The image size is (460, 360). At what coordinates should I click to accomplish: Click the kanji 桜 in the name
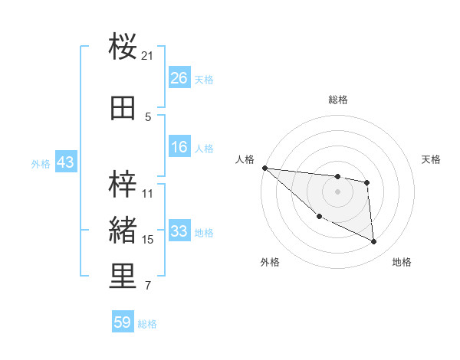[x=123, y=47]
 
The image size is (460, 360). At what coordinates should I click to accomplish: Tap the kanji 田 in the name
[x=123, y=109]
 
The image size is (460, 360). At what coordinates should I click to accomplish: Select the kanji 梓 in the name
[x=123, y=185]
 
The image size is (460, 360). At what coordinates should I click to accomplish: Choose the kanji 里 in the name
[x=123, y=277]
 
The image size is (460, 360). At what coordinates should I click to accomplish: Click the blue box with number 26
[x=179, y=77]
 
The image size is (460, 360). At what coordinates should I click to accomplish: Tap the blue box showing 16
[x=179, y=147]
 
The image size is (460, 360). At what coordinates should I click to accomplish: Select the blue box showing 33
[x=179, y=231]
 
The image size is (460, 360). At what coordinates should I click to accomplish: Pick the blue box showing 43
[x=65, y=162]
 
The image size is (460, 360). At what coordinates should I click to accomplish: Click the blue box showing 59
[x=123, y=322]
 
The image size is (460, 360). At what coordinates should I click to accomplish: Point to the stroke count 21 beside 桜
[x=148, y=56]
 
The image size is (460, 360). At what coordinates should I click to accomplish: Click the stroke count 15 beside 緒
[x=148, y=240]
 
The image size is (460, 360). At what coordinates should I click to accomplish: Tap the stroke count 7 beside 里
[x=148, y=286]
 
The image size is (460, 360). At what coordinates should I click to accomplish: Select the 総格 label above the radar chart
[x=337, y=100]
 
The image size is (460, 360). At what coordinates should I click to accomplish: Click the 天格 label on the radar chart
[x=432, y=159]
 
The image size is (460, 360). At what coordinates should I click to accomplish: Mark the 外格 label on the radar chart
[x=270, y=262]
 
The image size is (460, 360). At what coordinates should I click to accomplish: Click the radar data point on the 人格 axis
[x=264, y=168]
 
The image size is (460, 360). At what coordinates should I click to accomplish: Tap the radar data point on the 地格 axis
[x=374, y=242]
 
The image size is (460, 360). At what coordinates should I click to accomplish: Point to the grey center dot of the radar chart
[x=337, y=191]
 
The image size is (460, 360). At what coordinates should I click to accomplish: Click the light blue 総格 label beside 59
[x=147, y=324]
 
